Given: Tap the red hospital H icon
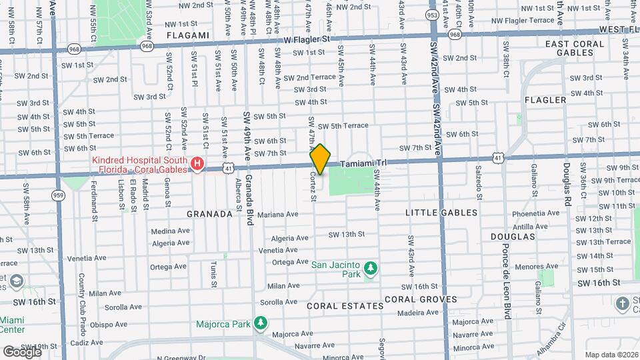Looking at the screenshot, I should tap(197, 163).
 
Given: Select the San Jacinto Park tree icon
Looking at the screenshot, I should tap(371, 269).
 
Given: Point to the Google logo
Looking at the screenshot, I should tap(21, 351).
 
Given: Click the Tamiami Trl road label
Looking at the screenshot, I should tap(363, 163).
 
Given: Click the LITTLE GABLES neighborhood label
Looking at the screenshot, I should tap(441, 213).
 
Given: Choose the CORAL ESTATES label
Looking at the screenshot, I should tap(345, 306).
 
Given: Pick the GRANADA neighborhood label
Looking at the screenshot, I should tap(209, 214).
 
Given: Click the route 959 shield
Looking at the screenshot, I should tap(58, 195).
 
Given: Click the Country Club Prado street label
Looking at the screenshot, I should tap(83, 297).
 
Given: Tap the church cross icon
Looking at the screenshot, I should tap(623, 304).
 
